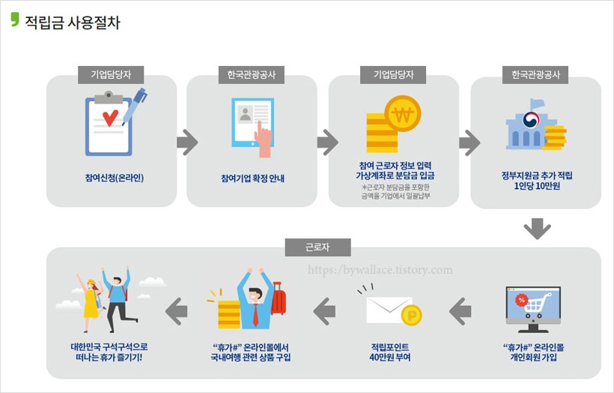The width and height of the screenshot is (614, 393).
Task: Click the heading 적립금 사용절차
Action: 72,22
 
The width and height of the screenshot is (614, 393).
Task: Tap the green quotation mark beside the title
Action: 15,19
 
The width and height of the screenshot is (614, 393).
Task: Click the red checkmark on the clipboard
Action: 110,117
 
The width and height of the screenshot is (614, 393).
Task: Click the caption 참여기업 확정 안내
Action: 252,178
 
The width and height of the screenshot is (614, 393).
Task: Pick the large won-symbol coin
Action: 403,114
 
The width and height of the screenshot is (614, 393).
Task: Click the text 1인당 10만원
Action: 537,185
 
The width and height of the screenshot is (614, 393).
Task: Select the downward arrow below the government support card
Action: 537,228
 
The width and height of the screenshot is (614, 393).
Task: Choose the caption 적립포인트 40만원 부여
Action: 390,352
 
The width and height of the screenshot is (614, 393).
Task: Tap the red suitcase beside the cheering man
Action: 279,300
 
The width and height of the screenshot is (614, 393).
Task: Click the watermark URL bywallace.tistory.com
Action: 380,270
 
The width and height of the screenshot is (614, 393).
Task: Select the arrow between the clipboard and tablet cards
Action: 187,142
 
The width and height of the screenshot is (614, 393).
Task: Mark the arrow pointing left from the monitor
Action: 460,310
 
